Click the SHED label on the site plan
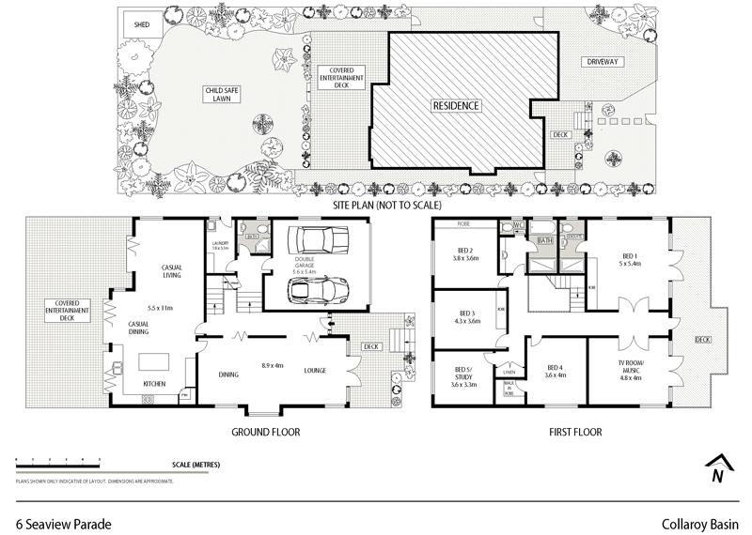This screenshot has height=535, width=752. [142, 23]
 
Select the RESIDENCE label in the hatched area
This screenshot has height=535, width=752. [456, 106]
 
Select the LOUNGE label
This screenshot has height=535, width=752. [314, 371]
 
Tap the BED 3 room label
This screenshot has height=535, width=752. [467, 317]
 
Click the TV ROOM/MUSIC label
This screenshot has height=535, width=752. [631, 373]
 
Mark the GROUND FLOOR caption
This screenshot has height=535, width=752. [266, 433]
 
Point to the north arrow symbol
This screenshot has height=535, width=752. [717, 468]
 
